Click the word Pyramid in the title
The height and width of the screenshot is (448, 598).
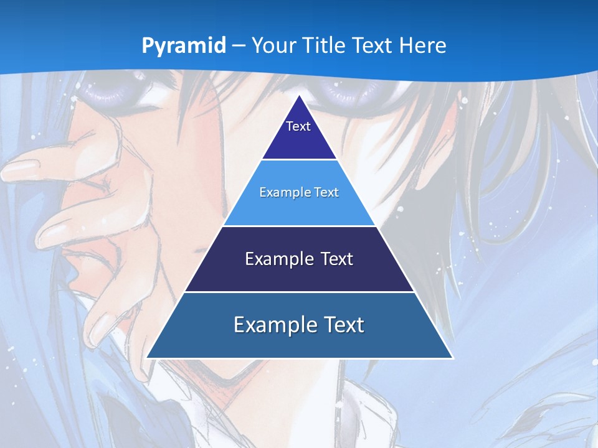coord(183,46)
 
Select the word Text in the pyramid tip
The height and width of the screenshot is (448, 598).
coord(298,126)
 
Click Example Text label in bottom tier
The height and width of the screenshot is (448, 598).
coord(299,325)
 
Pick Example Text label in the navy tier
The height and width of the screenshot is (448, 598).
coord(299,259)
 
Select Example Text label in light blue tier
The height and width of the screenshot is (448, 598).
coord(299,192)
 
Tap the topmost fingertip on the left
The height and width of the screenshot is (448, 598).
coord(16,167)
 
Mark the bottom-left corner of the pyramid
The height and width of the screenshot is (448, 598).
coord(147,358)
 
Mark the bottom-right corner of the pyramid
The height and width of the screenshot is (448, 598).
coord(452,358)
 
